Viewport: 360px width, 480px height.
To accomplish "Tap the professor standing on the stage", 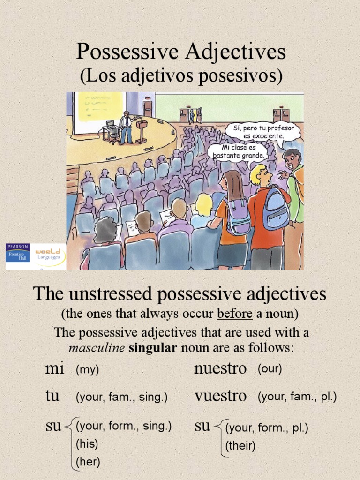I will (x=126, y=127).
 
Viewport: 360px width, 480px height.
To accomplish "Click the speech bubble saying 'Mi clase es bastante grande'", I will (x=239, y=151).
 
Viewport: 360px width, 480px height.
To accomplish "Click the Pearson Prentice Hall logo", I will (x=18, y=256).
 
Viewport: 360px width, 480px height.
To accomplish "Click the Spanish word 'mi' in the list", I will (x=54, y=369).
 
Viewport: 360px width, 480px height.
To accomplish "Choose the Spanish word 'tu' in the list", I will (x=52, y=397).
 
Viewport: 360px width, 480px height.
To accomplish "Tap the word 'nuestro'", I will (x=220, y=369).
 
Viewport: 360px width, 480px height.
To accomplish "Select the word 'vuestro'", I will (x=220, y=397).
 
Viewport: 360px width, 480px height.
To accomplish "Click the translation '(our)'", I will (x=270, y=369).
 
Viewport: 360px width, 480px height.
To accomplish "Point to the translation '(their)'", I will (x=240, y=446).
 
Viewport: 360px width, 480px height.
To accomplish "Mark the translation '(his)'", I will (x=87, y=443).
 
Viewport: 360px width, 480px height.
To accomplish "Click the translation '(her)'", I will (x=88, y=462).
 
